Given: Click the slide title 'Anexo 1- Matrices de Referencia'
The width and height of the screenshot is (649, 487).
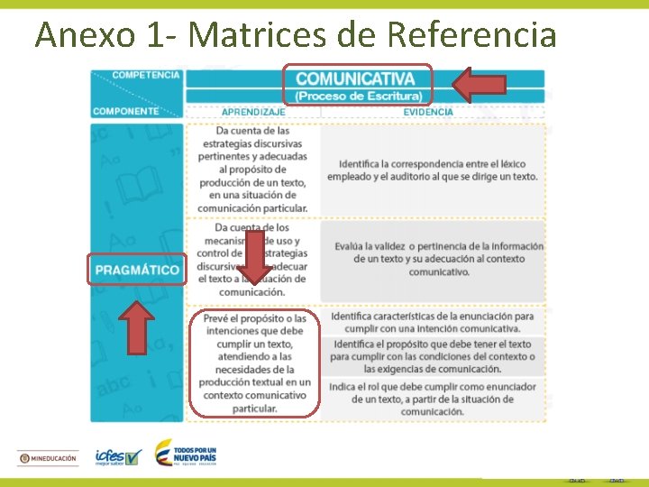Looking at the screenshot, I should point(296,34).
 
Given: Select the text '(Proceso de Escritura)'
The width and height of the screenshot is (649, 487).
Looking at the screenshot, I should point(358,96).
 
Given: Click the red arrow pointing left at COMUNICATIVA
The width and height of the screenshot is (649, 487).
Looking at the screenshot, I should point(479,85).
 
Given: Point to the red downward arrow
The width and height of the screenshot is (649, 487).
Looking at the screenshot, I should point(253,257).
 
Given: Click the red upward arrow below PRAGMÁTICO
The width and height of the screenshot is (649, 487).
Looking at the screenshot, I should point(137,327).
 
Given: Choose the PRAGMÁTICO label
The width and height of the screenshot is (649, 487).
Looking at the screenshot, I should point(137,270).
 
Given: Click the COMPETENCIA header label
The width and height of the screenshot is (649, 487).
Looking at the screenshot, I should point(146,75).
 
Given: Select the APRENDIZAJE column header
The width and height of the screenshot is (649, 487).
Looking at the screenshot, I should point(253,112).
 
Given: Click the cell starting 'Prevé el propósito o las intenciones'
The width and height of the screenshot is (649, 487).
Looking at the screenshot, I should point(253,363).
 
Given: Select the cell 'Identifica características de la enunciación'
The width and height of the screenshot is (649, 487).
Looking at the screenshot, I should point(433,322).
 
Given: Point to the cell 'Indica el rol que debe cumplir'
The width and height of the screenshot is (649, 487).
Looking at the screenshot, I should point(433,399).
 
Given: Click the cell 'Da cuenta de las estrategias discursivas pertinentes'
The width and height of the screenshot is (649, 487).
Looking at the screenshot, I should point(253,170).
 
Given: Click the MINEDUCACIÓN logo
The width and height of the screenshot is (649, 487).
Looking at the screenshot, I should point(48,458).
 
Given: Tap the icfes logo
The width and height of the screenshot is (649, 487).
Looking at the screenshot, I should point(118,457).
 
